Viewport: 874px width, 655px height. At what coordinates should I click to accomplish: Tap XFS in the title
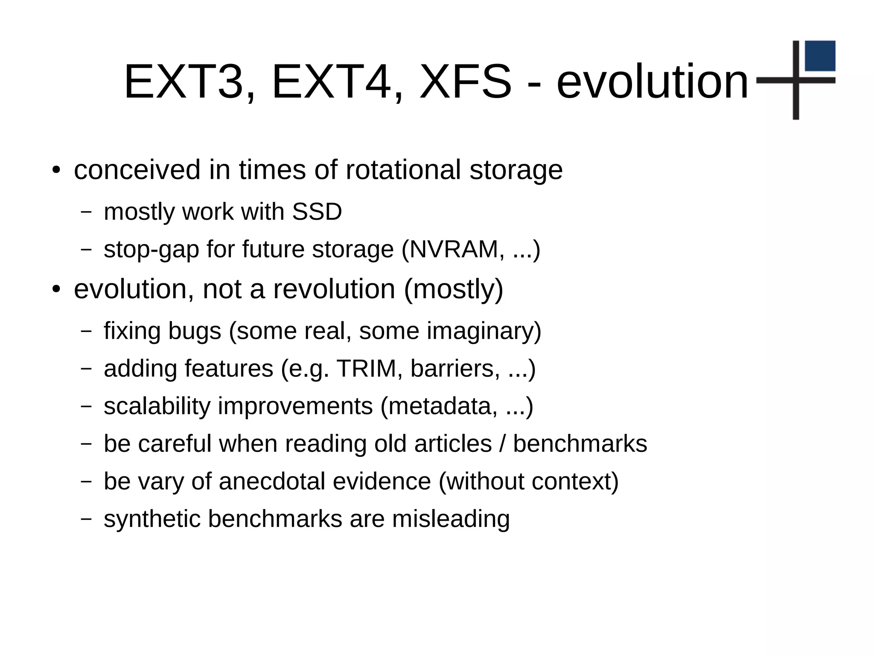coord(465,81)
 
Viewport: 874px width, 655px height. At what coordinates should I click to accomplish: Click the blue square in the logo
coord(820,56)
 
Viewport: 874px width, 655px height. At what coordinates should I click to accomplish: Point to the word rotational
coord(403,170)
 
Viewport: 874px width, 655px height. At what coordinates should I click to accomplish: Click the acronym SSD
coord(317,212)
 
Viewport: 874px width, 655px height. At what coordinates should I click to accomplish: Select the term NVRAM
coord(454,249)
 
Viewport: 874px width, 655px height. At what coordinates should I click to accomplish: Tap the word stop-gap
coord(151,250)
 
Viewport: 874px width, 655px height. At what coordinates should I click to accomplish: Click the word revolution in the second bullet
coord(334,289)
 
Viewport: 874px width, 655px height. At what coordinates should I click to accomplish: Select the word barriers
coord(455,368)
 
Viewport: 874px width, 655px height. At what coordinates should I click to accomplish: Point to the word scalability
coord(157,406)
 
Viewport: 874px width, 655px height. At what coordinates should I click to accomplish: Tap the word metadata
coord(442,406)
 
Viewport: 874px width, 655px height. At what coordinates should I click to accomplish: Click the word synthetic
coord(152,519)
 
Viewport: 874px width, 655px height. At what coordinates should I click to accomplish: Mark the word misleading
coord(451,519)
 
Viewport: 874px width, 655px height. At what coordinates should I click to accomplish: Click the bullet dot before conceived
coord(56,170)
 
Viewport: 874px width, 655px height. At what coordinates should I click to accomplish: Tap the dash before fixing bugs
coord(86,331)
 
